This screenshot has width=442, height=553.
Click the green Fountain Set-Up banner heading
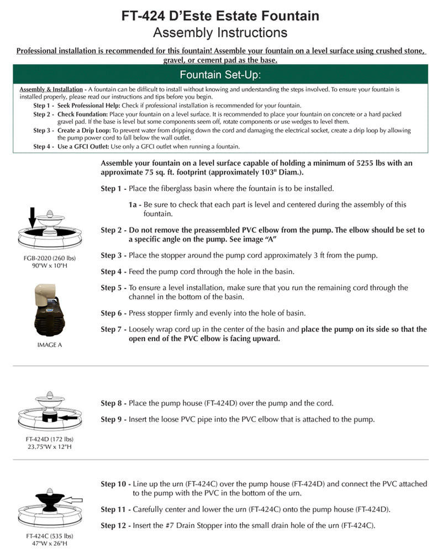pyautogui.click(x=220, y=75)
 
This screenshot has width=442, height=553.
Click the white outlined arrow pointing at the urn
pyautogui.click(x=72, y=500)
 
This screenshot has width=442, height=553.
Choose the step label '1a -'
pyautogui.click(x=135, y=205)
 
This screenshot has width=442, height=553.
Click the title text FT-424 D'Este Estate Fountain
pyautogui.click(x=220, y=16)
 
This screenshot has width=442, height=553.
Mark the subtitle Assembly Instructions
pyautogui.click(x=220, y=33)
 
